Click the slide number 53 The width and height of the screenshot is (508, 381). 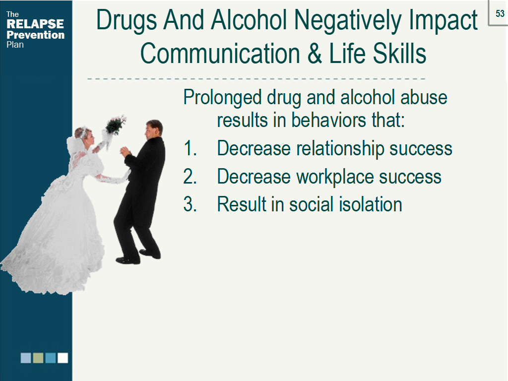(x=500, y=13)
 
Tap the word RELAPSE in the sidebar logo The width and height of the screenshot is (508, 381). (x=35, y=24)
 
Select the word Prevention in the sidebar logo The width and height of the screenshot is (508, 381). (x=35, y=35)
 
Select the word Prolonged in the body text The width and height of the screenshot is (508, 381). (x=222, y=98)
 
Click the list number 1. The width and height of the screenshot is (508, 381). (x=190, y=148)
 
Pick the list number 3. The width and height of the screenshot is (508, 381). (x=190, y=204)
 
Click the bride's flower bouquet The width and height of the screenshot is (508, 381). (x=115, y=125)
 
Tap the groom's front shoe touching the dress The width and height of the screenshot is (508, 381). (x=127, y=260)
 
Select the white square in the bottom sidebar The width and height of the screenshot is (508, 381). (x=63, y=358)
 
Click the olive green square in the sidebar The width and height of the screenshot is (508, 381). (x=38, y=358)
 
